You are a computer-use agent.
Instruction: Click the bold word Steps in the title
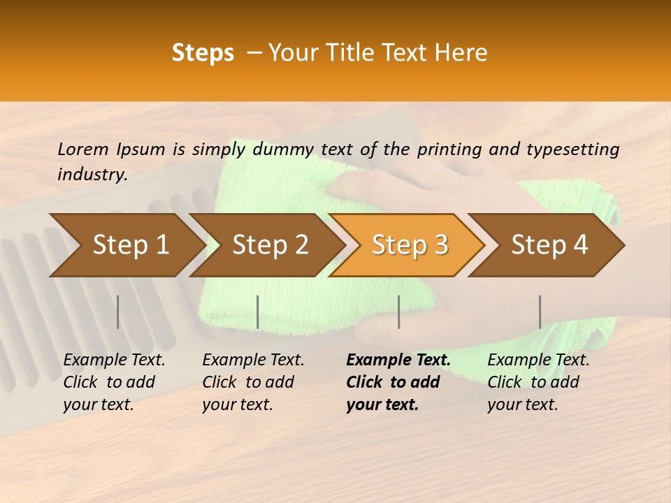tap(203, 53)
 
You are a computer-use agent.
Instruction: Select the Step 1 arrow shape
tap(126, 245)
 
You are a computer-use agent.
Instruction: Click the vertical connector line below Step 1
tap(118, 312)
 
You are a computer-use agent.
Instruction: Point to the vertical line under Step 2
tap(258, 312)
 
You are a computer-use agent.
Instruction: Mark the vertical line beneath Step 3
tap(398, 312)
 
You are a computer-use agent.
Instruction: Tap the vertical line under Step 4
tap(540, 312)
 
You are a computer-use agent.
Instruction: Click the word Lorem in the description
tap(83, 149)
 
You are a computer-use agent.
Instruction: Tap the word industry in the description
tap(92, 174)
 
